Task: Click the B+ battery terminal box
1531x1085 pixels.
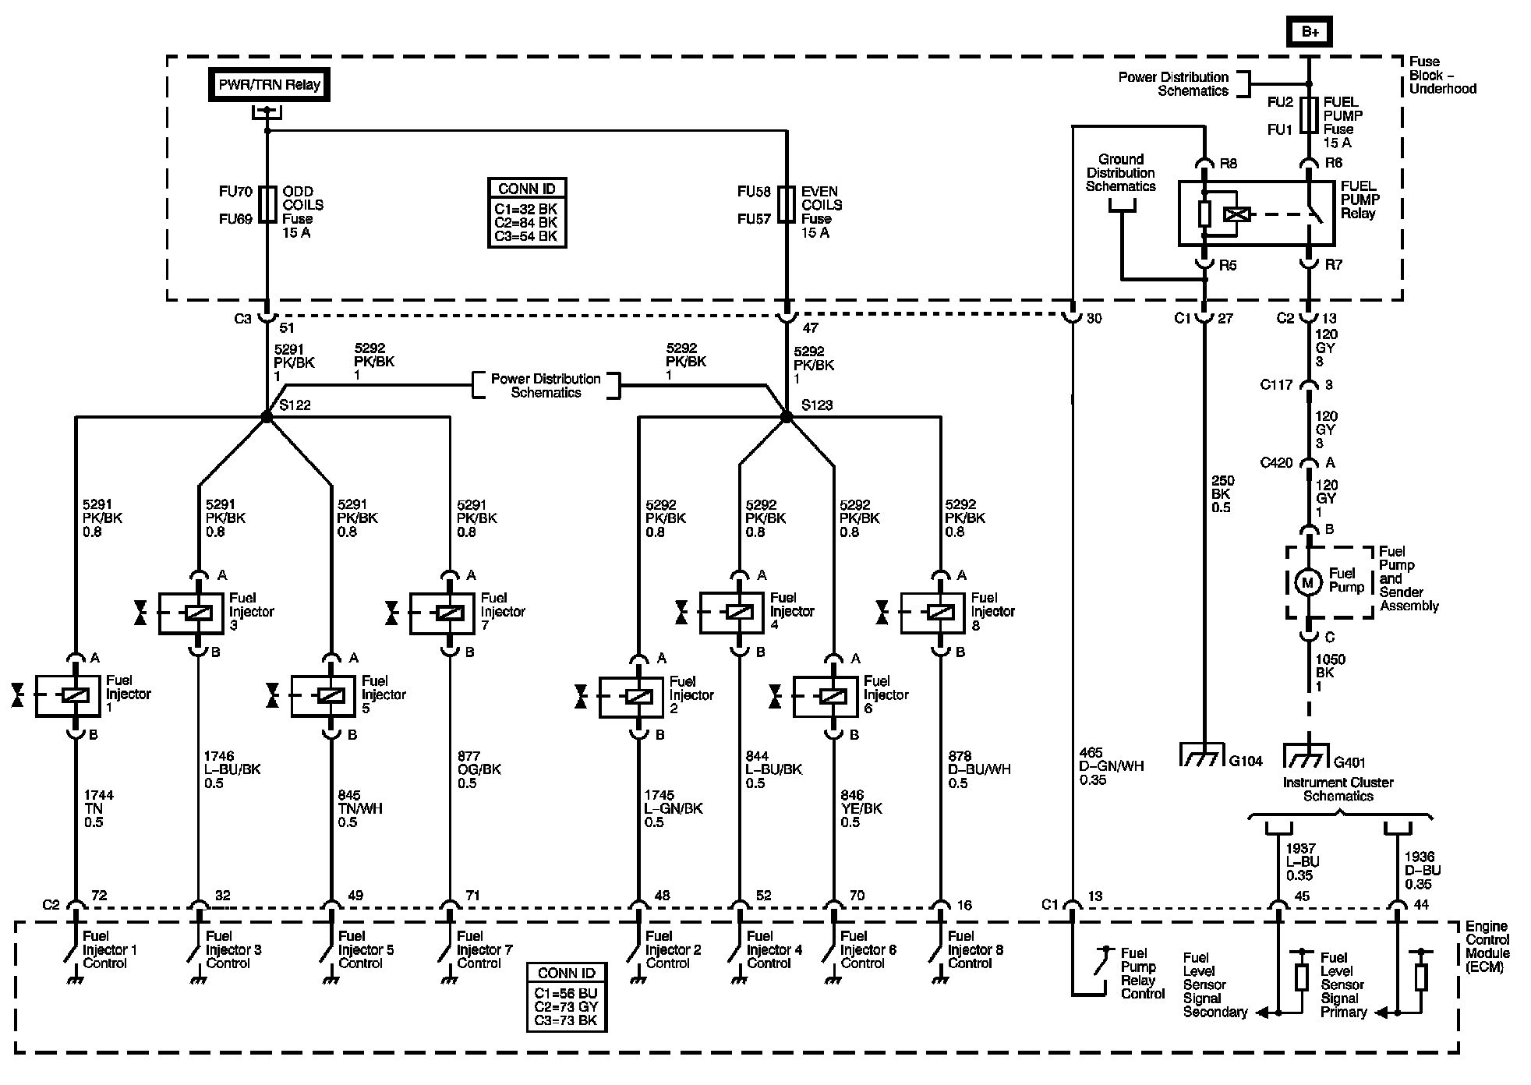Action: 1309,32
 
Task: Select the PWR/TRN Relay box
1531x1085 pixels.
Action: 269,85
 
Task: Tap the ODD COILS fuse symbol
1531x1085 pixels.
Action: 267,205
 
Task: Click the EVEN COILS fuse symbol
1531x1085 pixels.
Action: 786,205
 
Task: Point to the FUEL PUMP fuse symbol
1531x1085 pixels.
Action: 1309,115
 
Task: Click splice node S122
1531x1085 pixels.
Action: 267,417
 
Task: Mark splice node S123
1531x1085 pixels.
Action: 786,417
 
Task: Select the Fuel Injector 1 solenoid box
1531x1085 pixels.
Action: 68,696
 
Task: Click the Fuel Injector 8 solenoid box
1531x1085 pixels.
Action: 933,613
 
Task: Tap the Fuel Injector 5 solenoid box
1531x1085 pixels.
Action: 324,696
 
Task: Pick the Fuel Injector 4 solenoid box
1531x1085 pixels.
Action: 732,613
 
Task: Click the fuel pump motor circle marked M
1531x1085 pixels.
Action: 1308,582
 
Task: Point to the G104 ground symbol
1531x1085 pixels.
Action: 1204,755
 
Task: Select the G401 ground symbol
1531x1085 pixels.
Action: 1309,755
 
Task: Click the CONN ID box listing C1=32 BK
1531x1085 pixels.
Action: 527,213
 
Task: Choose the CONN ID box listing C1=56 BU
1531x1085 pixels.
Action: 567,998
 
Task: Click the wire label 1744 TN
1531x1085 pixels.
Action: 99,808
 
